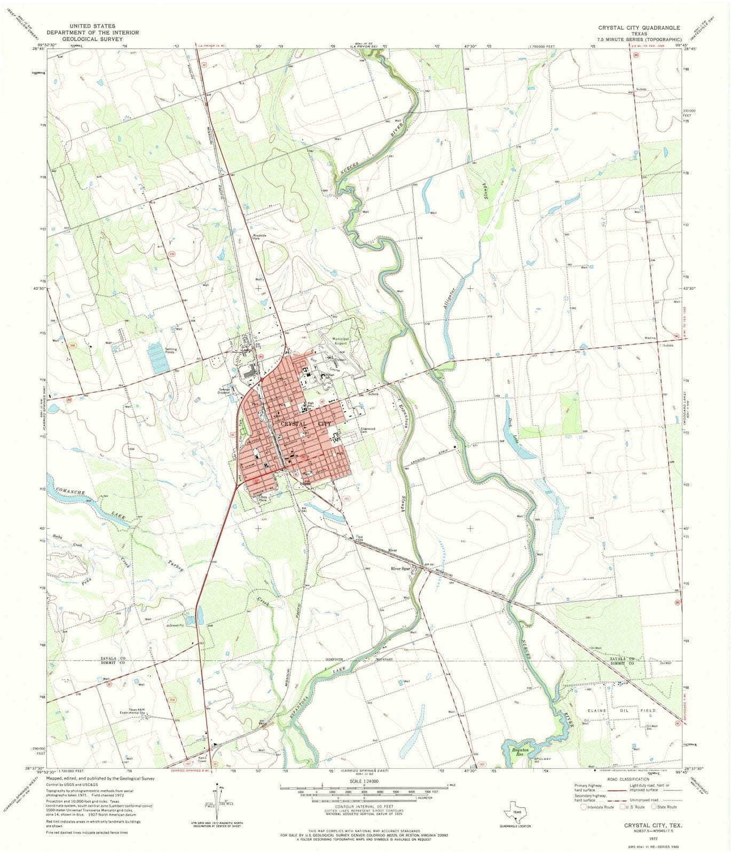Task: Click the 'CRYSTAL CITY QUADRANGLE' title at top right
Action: coord(639,27)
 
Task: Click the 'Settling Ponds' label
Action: coord(171,351)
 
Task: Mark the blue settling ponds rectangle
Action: coord(158,358)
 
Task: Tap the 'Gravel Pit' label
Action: coord(175,625)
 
